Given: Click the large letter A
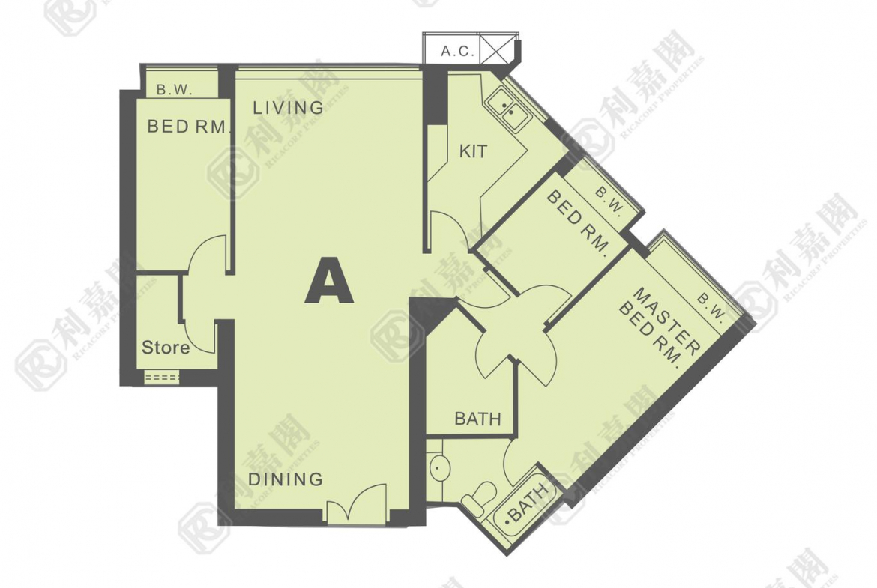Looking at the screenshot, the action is (x=329, y=280).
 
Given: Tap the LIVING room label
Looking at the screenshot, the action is (x=288, y=108).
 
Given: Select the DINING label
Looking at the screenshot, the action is (x=286, y=479).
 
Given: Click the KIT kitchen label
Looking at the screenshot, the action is (x=473, y=151).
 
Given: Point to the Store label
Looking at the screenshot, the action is (x=166, y=348).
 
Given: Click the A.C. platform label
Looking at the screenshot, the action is (x=457, y=52).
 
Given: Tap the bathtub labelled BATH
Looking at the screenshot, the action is (x=524, y=500).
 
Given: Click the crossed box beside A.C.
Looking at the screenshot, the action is (x=497, y=49).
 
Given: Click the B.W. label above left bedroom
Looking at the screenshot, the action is (x=175, y=89).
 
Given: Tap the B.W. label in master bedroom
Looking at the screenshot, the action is (x=711, y=307).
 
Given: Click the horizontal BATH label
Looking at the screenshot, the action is (x=477, y=419).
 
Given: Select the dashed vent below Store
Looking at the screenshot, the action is (x=162, y=378).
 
